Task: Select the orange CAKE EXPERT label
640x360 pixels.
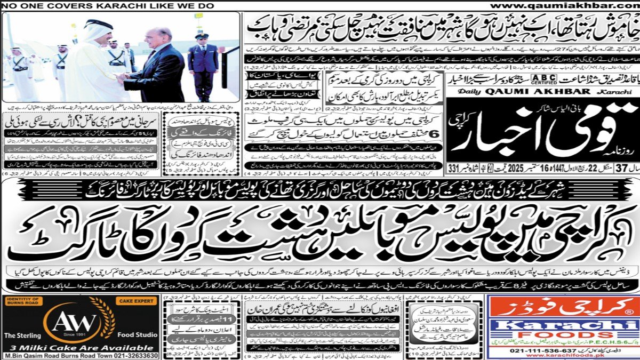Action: click(x=138, y=301)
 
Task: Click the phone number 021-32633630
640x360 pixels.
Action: click(x=127, y=355)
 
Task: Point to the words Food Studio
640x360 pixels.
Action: click(x=138, y=335)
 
